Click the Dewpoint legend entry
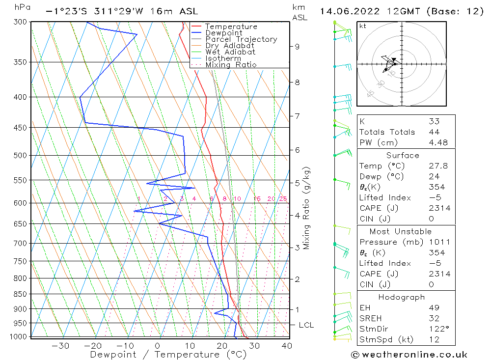pyautogui.click(x=223, y=33)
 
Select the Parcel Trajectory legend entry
pyautogui.click(x=241, y=39)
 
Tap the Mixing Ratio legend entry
pyautogui.click(x=231, y=65)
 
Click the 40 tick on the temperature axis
pyautogui.click(x=287, y=346)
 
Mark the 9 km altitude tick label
pyautogui.click(x=297, y=47)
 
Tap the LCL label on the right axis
pyautogui.click(x=306, y=325)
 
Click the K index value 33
pyautogui.click(x=434, y=121)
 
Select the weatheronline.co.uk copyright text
pyautogui.click(x=409, y=355)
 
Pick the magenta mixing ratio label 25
pyautogui.click(x=283, y=199)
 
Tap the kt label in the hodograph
pyautogui.click(x=363, y=26)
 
